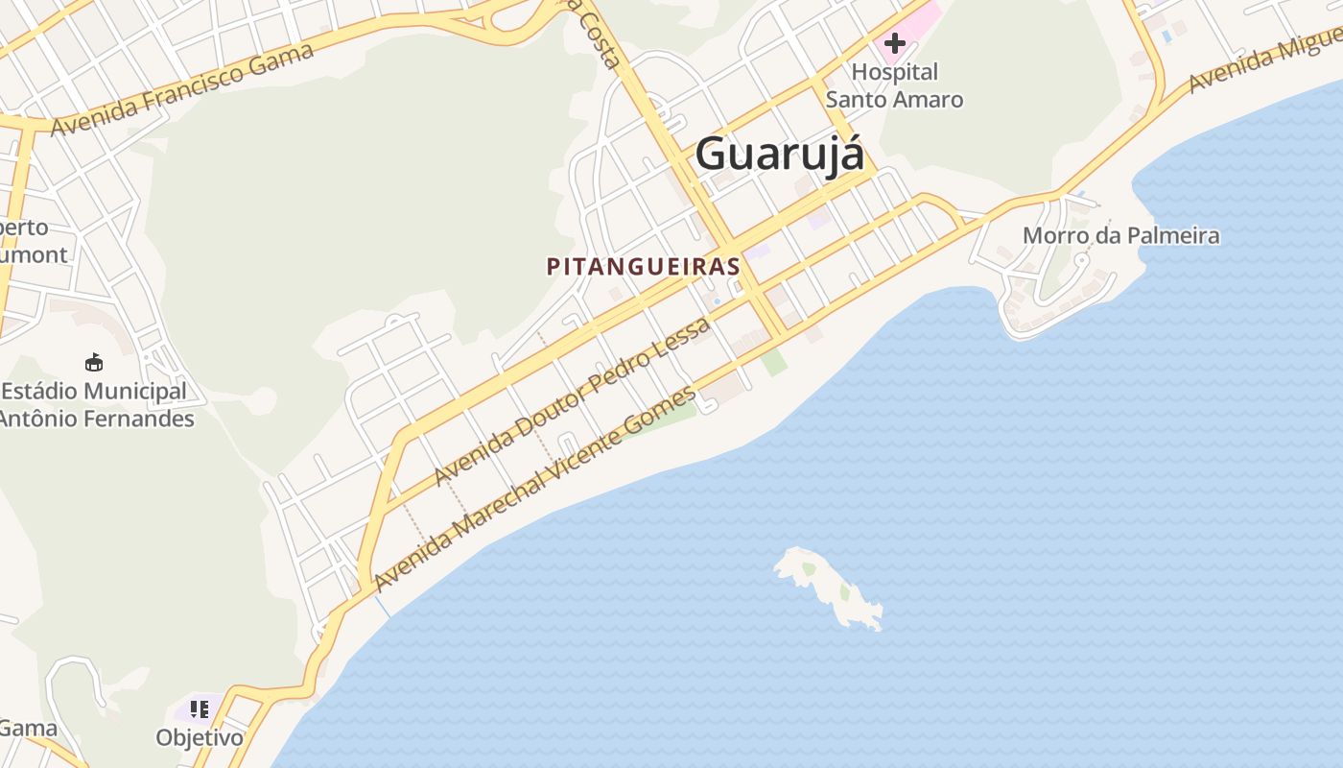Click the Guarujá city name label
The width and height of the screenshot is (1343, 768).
click(779, 154)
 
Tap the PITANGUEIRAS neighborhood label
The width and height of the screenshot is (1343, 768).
click(643, 267)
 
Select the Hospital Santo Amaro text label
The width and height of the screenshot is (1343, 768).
click(894, 85)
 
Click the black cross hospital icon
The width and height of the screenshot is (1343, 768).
click(894, 43)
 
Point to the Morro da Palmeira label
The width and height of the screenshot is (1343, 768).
click(1120, 235)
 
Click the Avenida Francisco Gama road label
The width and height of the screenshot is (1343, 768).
click(182, 89)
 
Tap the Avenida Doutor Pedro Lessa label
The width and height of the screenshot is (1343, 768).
click(572, 401)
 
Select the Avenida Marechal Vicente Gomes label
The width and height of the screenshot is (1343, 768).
click(534, 489)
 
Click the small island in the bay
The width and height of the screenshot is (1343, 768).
click(827, 586)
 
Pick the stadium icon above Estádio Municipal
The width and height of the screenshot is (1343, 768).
click(94, 362)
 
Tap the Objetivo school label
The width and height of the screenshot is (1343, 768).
click(200, 737)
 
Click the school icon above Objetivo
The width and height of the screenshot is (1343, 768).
click(200, 709)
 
